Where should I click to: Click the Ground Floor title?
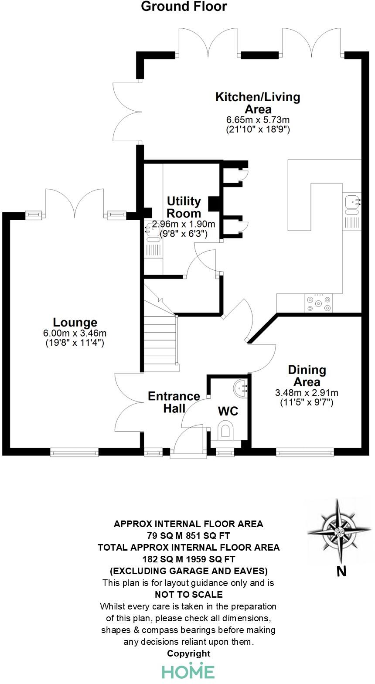184,7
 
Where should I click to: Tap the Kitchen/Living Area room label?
258,103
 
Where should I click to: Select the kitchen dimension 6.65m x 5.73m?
258,119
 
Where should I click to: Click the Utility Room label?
184,207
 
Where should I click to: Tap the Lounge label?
75,323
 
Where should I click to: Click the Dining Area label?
307,376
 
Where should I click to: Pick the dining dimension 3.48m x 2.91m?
307,393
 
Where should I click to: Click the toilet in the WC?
226,430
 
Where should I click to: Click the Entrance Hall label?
174,402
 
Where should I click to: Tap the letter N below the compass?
341,571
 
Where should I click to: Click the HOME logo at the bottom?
188,671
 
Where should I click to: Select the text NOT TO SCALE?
188,595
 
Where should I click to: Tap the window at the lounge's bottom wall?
75,453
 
